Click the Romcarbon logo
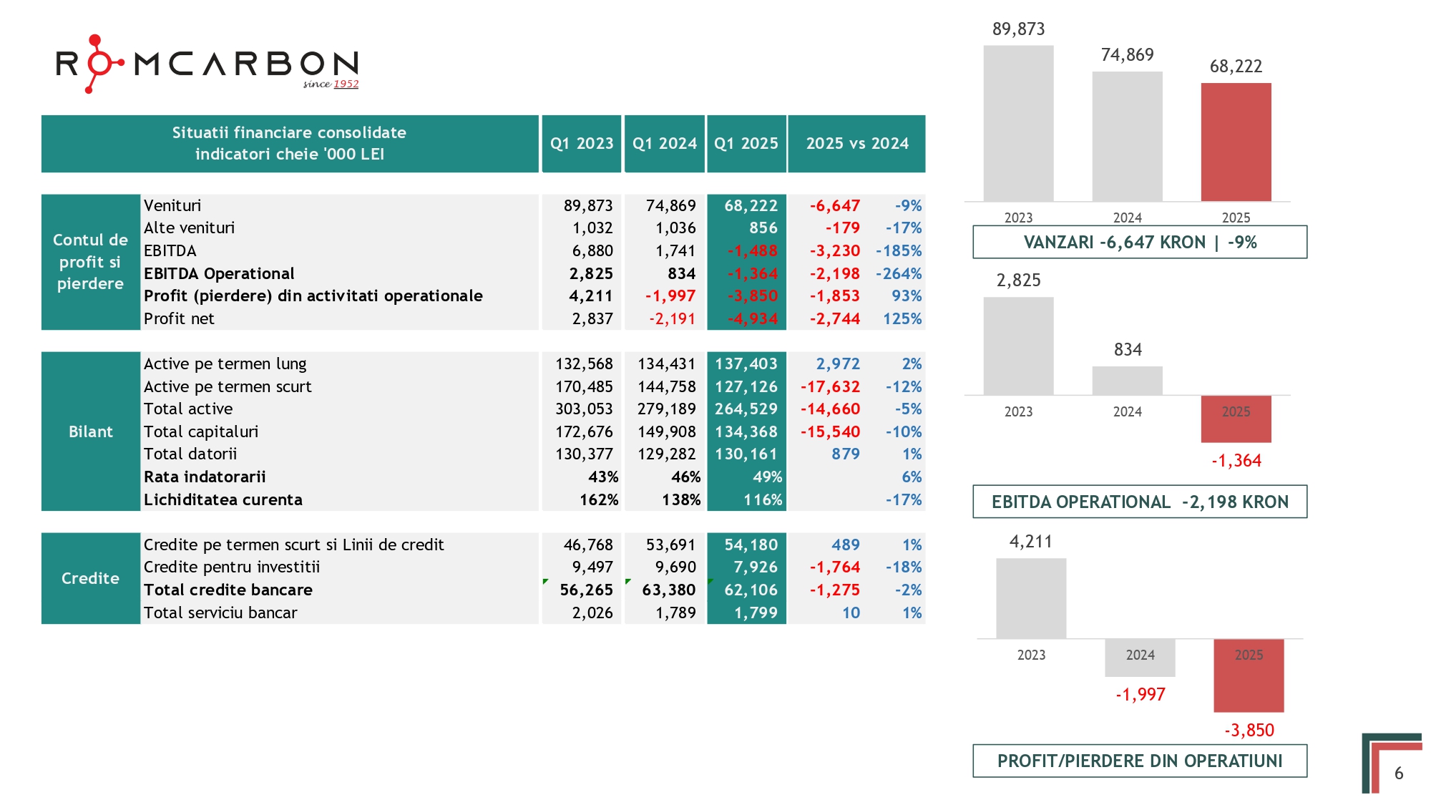[207, 64]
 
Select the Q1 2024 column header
[664, 143]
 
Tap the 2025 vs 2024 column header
[856, 143]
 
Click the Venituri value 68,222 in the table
[750, 206]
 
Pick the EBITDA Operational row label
[219, 273]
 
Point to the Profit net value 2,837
[592, 319]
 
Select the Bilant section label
[90, 431]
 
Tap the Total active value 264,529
[746, 409]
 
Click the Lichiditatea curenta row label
[223, 499]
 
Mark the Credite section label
[90, 578]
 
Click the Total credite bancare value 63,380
[668, 590]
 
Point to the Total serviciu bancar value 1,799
[756, 613]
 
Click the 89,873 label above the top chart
[1018, 29]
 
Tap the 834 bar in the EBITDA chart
[1127, 381]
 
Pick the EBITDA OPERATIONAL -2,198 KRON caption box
[1140, 502]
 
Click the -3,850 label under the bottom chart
[1249, 731]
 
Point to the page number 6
[1399, 773]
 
